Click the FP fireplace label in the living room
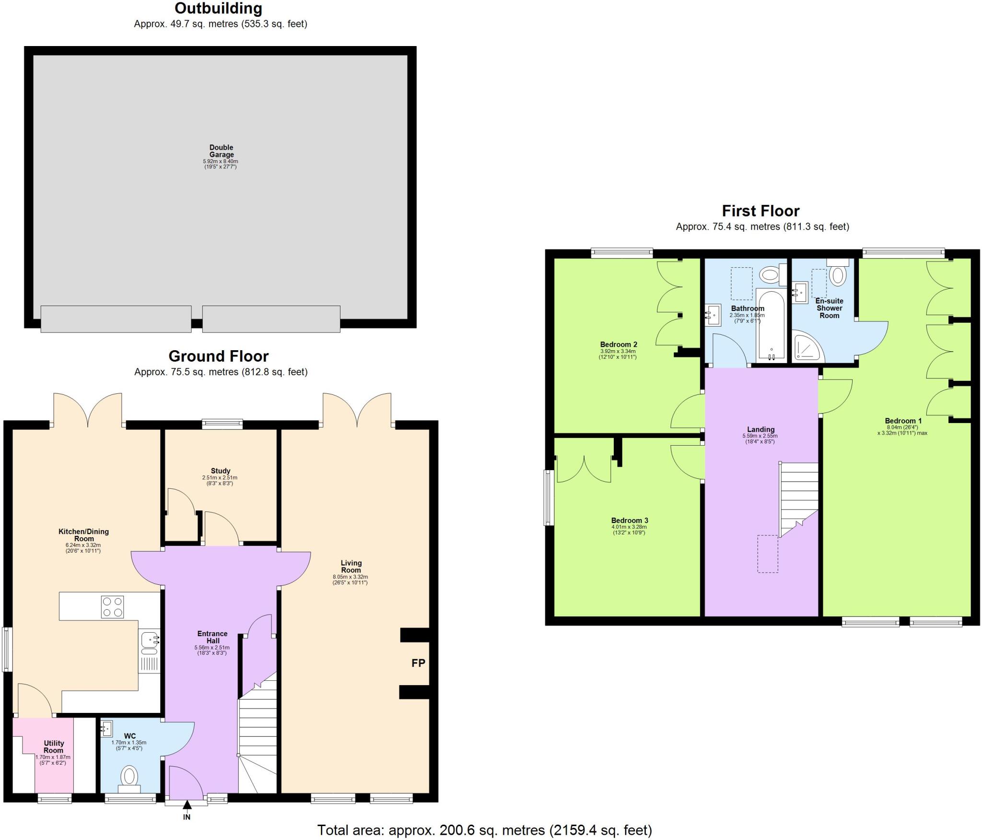(x=418, y=663)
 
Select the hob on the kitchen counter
(x=113, y=606)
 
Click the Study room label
(x=221, y=471)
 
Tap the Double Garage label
(x=221, y=151)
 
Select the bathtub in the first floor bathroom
(x=771, y=324)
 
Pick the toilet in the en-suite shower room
(x=838, y=275)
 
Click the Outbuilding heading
(x=218, y=8)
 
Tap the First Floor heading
(x=760, y=211)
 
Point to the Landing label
(x=760, y=429)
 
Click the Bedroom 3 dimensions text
(x=629, y=530)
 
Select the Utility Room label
(x=54, y=746)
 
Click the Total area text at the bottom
(x=484, y=829)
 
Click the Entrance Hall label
(x=212, y=637)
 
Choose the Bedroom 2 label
(x=619, y=344)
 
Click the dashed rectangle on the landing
(x=768, y=554)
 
